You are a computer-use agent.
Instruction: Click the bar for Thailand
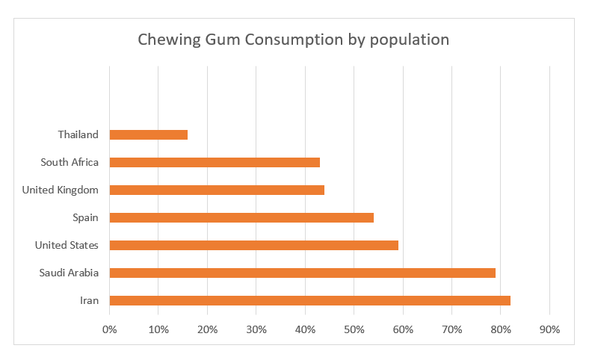149,134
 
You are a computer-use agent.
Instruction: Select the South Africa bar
215,163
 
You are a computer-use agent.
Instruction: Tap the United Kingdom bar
217,190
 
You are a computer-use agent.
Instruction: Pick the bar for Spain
241,218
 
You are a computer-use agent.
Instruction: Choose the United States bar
254,246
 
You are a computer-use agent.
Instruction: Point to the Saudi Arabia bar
303,273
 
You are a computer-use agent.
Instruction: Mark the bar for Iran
310,301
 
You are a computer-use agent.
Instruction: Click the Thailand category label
78,134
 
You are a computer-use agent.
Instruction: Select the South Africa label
70,162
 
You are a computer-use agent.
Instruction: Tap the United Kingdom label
60,190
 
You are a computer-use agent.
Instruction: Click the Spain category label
85,218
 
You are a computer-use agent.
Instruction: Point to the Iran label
90,300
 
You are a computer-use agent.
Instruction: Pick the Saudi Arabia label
69,273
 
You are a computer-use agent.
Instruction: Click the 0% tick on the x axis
110,329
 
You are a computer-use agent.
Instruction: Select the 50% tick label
354,329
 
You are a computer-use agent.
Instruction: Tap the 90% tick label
549,329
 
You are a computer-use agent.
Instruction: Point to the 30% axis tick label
256,329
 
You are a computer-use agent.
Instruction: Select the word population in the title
410,40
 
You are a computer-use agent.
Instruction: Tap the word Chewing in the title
169,40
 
